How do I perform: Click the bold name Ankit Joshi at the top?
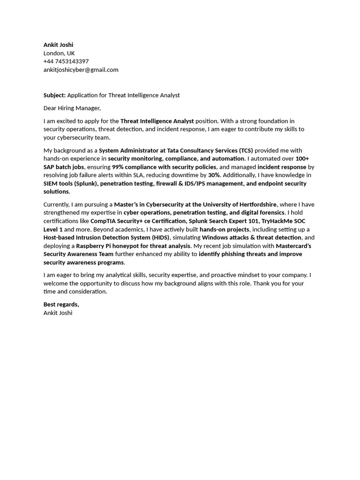click(x=58, y=45)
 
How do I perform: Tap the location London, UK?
click(x=59, y=53)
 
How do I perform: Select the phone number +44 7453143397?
click(x=66, y=61)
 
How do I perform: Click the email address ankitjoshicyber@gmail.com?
click(x=81, y=70)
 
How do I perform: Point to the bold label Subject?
click(x=54, y=95)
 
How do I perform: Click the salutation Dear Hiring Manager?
click(x=72, y=108)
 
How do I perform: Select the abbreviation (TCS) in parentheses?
click(x=246, y=150)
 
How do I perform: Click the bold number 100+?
click(x=302, y=159)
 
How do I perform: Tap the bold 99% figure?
click(x=118, y=167)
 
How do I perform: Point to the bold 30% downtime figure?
click(x=214, y=175)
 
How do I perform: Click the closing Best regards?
click(x=61, y=305)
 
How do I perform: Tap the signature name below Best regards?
click(x=58, y=313)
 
